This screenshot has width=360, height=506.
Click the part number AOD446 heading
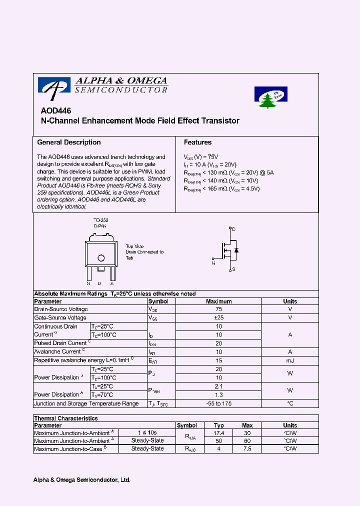click(56, 111)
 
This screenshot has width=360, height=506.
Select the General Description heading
click(69, 142)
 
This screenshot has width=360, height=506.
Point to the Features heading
click(197, 142)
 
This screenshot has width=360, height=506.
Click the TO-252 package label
click(101, 220)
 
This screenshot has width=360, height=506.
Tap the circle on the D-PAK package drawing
click(101, 258)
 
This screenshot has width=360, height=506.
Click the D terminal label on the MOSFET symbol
click(233, 229)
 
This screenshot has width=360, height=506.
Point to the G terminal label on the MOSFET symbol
click(213, 262)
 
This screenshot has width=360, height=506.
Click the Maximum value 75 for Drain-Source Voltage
click(218, 309)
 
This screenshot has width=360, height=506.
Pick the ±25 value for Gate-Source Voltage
click(218, 318)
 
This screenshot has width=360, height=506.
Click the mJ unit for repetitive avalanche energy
click(289, 360)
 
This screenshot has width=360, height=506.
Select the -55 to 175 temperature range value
click(218, 403)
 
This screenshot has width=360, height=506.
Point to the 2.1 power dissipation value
click(218, 386)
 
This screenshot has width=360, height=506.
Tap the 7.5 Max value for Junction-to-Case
click(247, 449)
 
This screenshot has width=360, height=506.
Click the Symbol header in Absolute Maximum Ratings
click(158, 301)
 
